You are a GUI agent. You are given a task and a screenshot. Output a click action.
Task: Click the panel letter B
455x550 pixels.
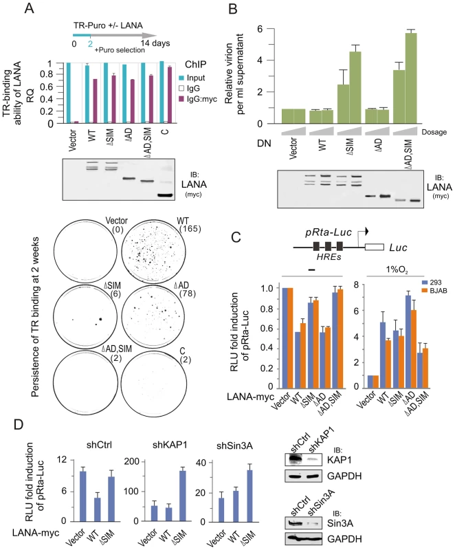pyautogui.click(x=234, y=8)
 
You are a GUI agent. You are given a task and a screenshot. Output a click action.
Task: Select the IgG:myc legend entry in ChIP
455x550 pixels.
pyautogui.click(x=197, y=99)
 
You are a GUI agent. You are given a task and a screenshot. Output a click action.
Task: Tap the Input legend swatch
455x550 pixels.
pyautogui.click(x=181, y=78)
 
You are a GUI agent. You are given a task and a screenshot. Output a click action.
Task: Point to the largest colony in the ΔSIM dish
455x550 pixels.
pyautogui.click(x=100, y=319)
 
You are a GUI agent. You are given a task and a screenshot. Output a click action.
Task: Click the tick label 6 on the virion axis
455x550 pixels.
pyautogui.click(x=260, y=29)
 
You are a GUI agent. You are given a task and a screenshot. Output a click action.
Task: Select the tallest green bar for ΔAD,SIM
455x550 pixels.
pyautogui.click(x=410, y=78)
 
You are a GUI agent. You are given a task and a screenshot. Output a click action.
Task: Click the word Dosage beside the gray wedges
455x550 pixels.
pyautogui.click(x=434, y=132)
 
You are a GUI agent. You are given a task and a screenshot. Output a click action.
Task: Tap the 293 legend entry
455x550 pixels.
pyautogui.click(x=432, y=283)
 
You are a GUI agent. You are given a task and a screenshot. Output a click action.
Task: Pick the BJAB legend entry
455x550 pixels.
pyautogui.click(x=434, y=290)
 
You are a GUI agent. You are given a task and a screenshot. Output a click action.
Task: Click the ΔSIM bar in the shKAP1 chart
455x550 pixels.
pyautogui.click(x=182, y=496)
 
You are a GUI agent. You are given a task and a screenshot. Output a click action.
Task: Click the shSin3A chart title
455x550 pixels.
pyautogui.click(x=234, y=445)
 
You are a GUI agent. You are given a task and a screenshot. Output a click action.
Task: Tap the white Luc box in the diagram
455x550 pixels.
pyautogui.click(x=374, y=247)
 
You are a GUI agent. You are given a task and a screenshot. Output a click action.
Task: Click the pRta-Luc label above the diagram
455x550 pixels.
pyautogui.click(x=328, y=233)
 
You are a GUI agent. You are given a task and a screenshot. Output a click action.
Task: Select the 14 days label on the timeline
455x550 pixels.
pyautogui.click(x=155, y=43)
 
